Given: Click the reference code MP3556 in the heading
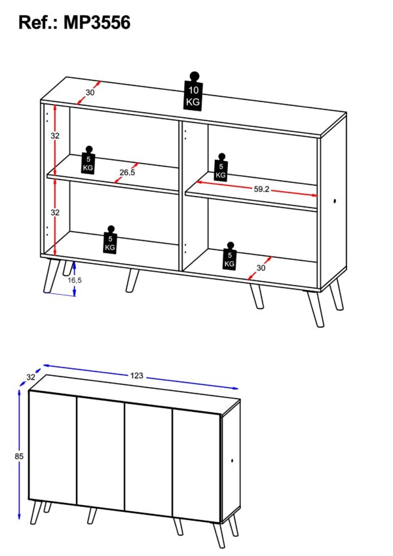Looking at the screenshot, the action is (x=97, y=22).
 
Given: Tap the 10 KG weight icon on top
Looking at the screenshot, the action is (x=193, y=91).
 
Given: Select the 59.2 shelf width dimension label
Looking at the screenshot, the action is (x=261, y=189).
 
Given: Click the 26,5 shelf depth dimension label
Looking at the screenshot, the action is (x=127, y=173).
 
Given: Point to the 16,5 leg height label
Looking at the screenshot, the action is (x=75, y=280).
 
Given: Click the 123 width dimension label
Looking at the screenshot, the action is (x=136, y=375).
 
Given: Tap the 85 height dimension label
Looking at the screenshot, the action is (x=19, y=456).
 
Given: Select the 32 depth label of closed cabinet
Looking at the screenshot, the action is (x=31, y=377).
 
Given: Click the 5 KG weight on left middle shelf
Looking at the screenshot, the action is (x=88, y=160).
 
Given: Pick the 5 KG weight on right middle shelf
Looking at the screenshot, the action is (x=221, y=167).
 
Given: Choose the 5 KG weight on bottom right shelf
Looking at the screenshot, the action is (x=230, y=256).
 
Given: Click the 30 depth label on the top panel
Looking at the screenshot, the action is (x=90, y=92).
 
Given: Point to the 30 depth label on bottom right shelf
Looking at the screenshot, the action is (x=261, y=268).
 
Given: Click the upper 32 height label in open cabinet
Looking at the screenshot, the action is (x=55, y=136).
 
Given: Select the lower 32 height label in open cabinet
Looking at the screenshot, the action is (x=55, y=212).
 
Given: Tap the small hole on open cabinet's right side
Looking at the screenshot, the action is (x=335, y=202).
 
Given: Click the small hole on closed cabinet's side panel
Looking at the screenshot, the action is (x=232, y=461).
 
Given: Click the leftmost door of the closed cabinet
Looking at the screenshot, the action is (x=52, y=447).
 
